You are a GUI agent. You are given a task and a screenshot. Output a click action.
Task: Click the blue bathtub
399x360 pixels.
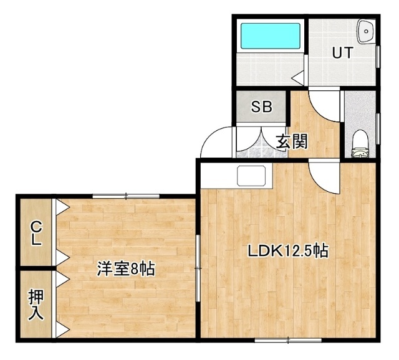pos(270,36)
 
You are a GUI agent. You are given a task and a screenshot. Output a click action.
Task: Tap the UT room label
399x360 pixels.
pos(342,52)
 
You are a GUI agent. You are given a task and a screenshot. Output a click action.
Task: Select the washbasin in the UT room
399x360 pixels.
pos(365,31)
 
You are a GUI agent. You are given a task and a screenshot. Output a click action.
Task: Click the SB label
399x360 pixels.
pos(262,107)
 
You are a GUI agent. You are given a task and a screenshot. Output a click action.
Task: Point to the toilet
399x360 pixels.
pos(361,144)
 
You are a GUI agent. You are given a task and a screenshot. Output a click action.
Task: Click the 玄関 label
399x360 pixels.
pos(292,141)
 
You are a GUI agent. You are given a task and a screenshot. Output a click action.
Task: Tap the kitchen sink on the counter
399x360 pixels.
pos(251,176)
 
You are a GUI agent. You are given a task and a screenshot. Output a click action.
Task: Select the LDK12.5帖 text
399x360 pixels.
pos(288,251)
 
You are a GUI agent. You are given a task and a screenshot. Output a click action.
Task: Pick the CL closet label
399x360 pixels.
pos(36,233)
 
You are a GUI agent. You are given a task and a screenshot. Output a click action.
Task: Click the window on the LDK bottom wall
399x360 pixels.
pos(288,340)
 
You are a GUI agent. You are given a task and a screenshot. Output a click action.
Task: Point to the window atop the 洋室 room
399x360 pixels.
pos(126,196)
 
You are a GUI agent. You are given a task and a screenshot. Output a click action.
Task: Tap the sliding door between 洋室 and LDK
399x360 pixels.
pos(198,268)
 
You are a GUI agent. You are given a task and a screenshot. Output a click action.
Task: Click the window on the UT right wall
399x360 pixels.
pos(378,57)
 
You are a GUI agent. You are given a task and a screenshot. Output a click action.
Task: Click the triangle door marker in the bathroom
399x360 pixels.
pos(297,78)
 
